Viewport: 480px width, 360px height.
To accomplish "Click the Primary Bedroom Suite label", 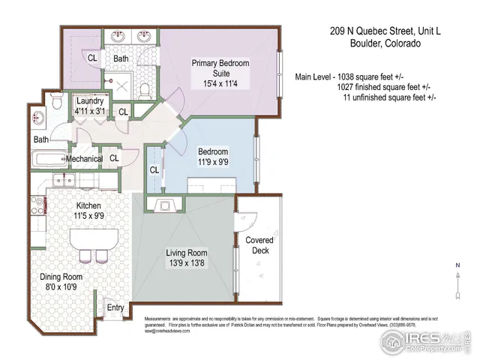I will [220, 73].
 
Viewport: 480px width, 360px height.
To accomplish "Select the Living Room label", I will [187, 258].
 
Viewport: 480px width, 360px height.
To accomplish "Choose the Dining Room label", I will [61, 282].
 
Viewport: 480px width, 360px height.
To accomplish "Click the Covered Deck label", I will [259, 245].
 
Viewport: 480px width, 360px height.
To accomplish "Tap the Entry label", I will [115, 307].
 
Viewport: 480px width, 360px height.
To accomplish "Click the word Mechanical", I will [84, 159].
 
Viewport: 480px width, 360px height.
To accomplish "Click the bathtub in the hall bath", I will [49, 160].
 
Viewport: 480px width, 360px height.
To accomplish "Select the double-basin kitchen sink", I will [62, 181].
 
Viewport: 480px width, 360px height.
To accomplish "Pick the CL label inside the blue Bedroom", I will [154, 169].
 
